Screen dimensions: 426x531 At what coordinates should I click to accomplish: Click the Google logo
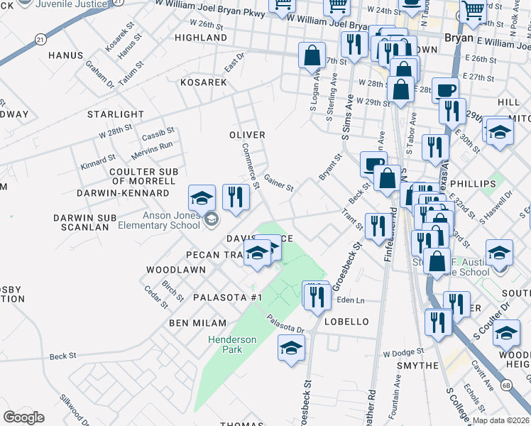point(23,417)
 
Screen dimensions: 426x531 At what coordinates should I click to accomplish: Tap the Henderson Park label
point(232,345)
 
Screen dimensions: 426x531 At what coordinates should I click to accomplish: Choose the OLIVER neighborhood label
point(247,135)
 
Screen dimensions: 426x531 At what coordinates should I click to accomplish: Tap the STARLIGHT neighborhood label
point(116,114)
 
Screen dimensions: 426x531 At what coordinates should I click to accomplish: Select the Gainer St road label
point(278,183)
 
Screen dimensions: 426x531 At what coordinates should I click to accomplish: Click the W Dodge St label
point(403,352)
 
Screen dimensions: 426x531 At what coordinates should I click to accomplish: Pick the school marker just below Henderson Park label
point(291,349)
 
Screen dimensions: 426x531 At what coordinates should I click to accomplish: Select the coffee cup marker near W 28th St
point(445,90)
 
